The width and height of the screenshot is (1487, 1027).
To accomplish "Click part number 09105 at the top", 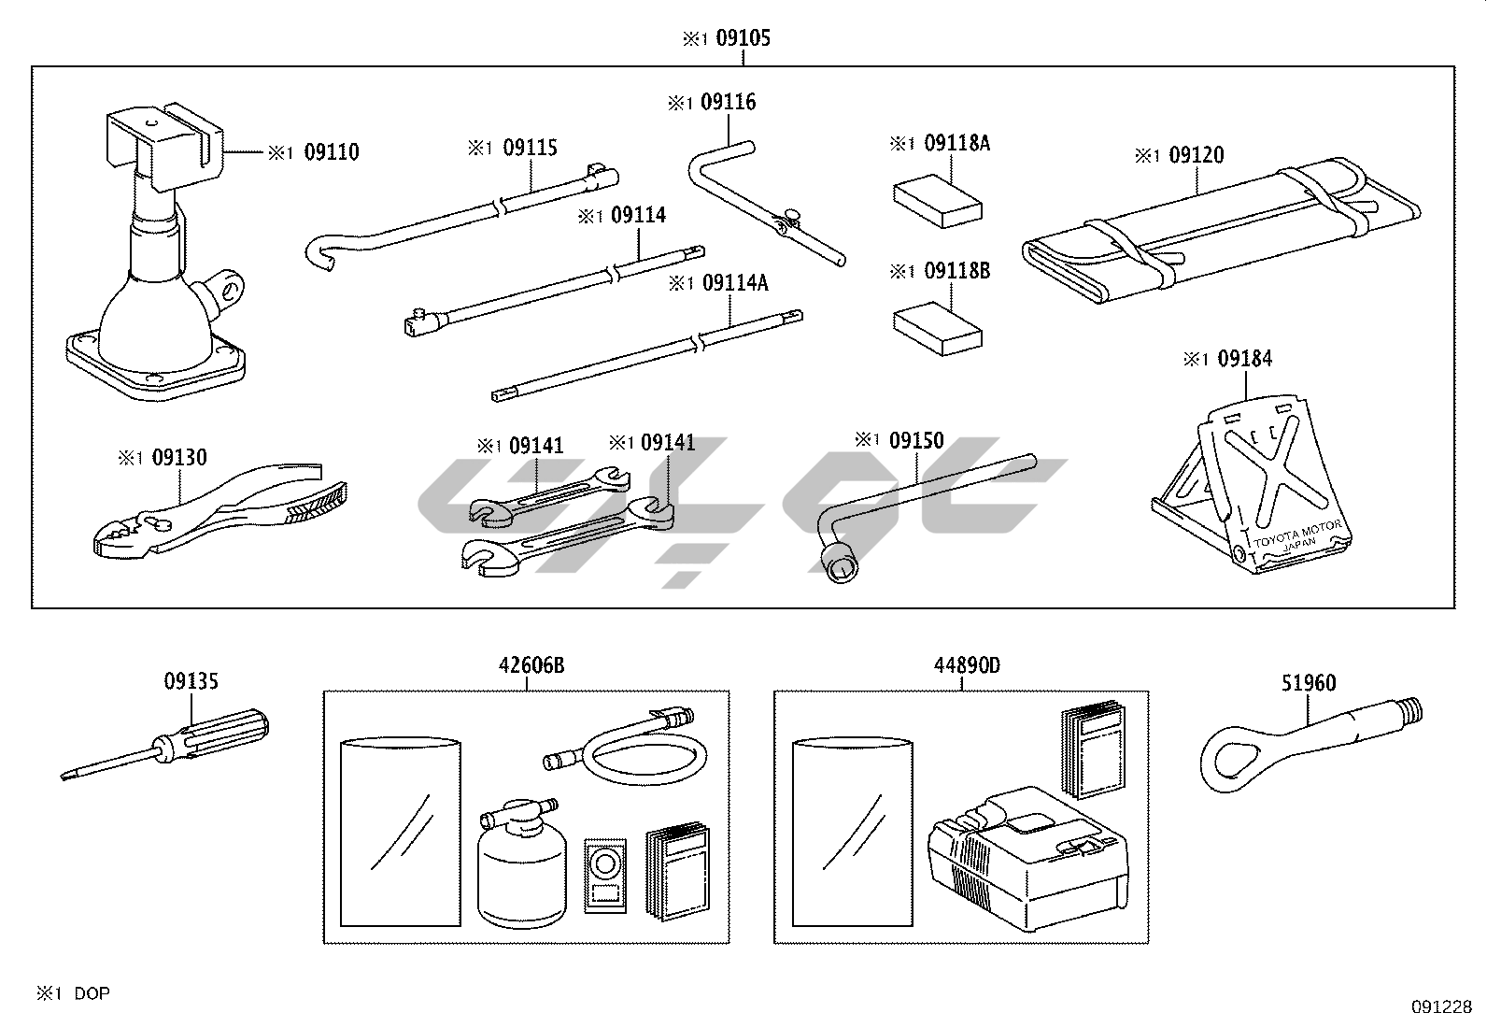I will click(x=743, y=38).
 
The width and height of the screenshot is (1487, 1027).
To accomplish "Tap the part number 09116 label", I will click(x=728, y=102).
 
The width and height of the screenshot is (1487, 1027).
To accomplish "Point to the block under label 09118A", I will click(x=937, y=200).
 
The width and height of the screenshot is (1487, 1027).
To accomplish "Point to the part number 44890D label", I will click(x=967, y=665).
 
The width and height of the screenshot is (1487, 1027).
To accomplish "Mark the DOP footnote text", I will click(x=92, y=993).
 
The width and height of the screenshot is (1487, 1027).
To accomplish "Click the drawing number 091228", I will click(x=1441, y=1007).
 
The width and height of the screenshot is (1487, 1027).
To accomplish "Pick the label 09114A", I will click(x=735, y=281).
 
